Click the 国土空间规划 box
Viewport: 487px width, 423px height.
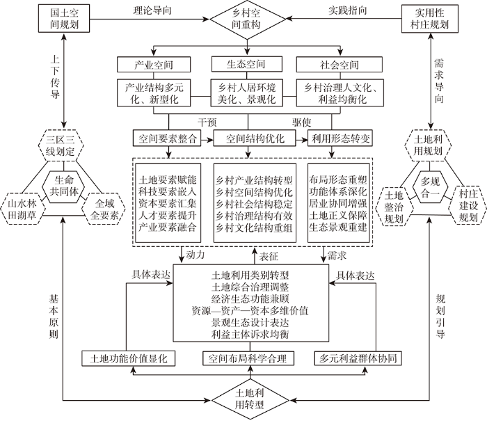[x=64, y=19]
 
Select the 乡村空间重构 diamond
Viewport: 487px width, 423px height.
[x=248, y=19]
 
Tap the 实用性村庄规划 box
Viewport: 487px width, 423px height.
[x=429, y=19]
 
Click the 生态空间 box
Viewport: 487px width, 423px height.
[x=246, y=64]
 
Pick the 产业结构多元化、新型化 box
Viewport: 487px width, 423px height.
[x=154, y=93]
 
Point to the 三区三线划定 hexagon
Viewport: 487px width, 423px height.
[x=61, y=145]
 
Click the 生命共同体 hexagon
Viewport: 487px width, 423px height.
[x=64, y=186]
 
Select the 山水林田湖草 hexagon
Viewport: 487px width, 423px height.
[x=22, y=209]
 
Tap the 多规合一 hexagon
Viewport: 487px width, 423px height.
[x=430, y=186]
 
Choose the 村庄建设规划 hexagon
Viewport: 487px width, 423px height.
[x=468, y=205]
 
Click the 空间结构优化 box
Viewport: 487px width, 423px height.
[x=255, y=138]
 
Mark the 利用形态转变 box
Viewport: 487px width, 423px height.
[x=340, y=138]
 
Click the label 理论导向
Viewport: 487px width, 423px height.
[x=152, y=10]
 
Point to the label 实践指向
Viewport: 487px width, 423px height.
[x=348, y=10]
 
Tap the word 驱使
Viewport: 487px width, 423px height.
[x=301, y=122]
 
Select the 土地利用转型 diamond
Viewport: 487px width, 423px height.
[x=250, y=399]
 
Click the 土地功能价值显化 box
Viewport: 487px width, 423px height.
[x=128, y=359]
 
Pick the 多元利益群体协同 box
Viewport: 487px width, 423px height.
[x=358, y=358]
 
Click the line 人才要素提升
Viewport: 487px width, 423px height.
[x=168, y=216]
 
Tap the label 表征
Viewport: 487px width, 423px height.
[x=269, y=257]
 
